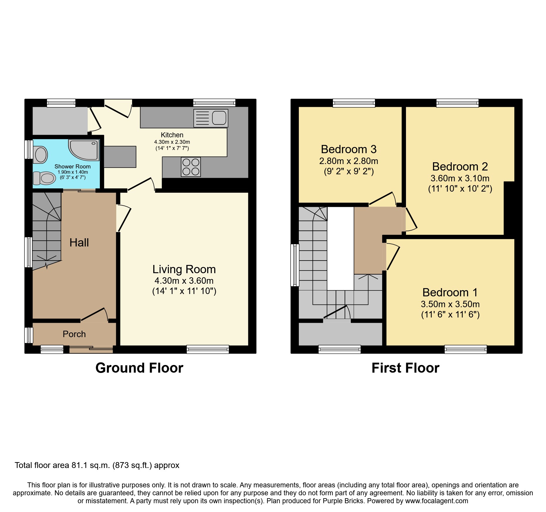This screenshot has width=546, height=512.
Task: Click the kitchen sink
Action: pyautogui.click(x=211, y=118)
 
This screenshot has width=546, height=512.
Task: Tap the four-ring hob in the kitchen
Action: pyautogui.click(x=191, y=167)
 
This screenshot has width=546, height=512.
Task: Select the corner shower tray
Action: pyautogui.click(x=84, y=149)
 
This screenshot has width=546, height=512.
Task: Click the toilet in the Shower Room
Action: pyautogui.click(x=45, y=178)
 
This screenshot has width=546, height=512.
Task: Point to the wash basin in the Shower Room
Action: pyautogui.click(x=40, y=154)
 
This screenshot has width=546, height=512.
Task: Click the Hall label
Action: pyautogui.click(x=79, y=243)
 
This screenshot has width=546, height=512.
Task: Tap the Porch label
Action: pyautogui.click(x=74, y=334)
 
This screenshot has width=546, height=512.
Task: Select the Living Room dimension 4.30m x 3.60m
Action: pyautogui.click(x=184, y=281)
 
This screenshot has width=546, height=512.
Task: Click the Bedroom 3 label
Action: pyautogui.click(x=348, y=149)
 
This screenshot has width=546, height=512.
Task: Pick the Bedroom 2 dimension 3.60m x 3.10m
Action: pyautogui.click(x=460, y=178)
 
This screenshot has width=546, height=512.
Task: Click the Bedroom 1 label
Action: pyautogui.click(x=450, y=293)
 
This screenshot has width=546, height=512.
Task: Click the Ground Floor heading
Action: pyautogui.click(x=139, y=368)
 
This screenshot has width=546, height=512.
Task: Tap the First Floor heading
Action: pyautogui.click(x=405, y=368)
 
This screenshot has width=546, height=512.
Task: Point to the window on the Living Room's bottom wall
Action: pyautogui.click(x=208, y=349)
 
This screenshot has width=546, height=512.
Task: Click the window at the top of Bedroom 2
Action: pyautogui.click(x=457, y=103)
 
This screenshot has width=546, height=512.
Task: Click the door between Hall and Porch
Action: pyautogui.click(x=93, y=314)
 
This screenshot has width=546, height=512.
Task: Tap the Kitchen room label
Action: pyautogui.click(x=172, y=135)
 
